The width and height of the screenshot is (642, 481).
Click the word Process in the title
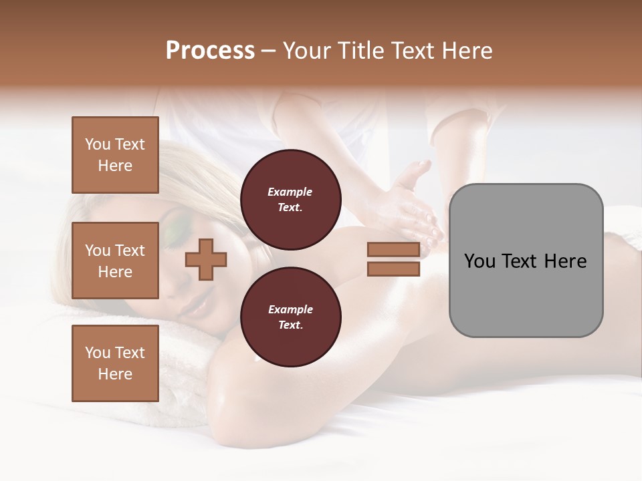210,51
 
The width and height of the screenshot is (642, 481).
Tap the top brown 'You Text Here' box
115,155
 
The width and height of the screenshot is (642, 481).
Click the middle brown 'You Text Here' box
115,261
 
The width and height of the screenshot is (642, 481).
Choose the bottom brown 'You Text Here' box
115,363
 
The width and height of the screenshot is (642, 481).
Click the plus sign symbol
206,259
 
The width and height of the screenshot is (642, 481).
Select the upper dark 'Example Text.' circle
290,200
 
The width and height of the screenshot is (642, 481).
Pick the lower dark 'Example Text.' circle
290,317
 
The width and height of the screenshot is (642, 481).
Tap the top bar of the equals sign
393,250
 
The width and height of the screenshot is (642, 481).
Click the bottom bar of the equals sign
393,269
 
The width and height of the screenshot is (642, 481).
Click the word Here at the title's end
467,51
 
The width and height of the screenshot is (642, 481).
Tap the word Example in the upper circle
290,192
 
